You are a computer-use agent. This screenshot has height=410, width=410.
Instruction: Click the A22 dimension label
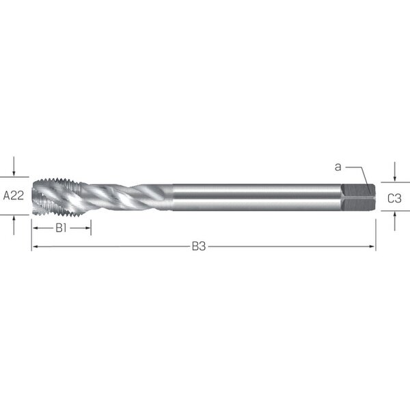tap(14, 195)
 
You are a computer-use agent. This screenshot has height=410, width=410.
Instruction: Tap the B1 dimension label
tap(61, 228)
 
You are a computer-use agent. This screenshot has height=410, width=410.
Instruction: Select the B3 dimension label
tap(199, 246)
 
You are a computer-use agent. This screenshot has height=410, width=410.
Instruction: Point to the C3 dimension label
tap(394, 198)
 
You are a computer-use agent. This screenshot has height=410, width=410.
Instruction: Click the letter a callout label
tap(338, 167)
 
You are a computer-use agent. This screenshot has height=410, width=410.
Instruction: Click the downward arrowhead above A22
tap(14, 173)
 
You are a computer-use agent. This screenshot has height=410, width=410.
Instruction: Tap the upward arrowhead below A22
tap(14, 219)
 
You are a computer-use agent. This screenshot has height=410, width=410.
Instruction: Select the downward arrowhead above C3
tap(395, 178)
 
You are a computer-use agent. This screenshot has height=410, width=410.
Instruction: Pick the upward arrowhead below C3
tap(395, 215)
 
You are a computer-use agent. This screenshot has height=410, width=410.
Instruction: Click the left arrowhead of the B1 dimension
tap(36, 228)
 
